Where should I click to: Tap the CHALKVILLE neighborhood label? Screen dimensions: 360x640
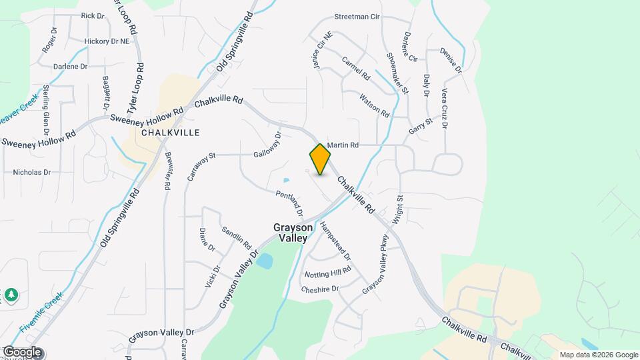[x=171, y=133]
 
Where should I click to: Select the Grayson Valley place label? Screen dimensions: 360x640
[x=291, y=233]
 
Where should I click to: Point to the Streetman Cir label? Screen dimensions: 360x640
[x=357, y=17]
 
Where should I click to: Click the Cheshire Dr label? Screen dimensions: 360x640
[x=320, y=289]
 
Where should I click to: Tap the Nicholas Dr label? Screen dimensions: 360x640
[x=32, y=172]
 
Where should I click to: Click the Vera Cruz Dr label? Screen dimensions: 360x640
[x=444, y=107]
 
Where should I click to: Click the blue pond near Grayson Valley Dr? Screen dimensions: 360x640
[x=264, y=261]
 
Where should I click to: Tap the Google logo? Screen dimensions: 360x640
[x=21, y=352]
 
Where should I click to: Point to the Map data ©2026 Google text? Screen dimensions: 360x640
[x=598, y=355]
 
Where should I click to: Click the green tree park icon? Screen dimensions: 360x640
[x=11, y=294]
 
